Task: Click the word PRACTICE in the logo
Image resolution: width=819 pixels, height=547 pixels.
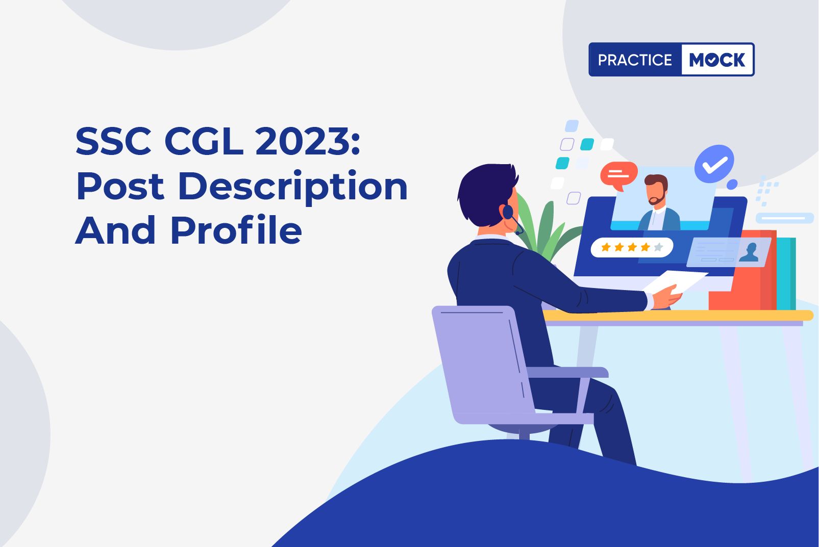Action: click(635, 60)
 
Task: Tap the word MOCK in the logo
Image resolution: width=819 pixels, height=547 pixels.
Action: click(717, 60)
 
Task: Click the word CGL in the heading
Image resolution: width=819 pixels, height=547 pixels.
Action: click(204, 141)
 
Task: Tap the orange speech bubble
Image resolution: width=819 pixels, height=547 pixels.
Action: click(618, 175)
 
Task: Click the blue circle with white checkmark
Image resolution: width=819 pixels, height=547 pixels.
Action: click(714, 164)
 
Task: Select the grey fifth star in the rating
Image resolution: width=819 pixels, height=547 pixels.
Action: click(658, 247)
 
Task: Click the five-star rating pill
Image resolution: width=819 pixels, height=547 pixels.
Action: click(632, 248)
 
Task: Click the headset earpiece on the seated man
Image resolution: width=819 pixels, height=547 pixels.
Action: click(508, 212)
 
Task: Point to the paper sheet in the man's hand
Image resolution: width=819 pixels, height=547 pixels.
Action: click(675, 282)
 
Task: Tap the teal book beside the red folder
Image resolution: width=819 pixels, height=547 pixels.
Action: click(786, 273)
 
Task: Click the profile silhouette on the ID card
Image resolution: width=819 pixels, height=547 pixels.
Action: click(749, 253)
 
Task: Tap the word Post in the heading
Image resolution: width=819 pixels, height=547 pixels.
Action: click(120, 187)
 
